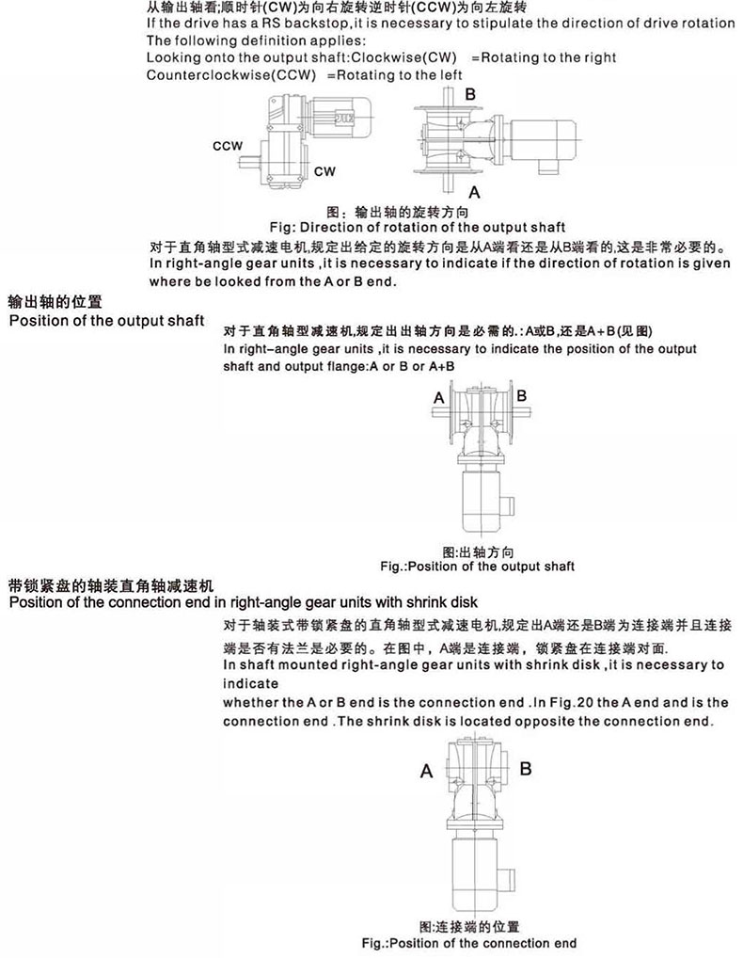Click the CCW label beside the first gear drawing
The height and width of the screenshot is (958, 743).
(x=229, y=147)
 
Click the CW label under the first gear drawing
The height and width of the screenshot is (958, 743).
(x=324, y=171)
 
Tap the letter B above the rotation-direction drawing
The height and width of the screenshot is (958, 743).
(x=470, y=94)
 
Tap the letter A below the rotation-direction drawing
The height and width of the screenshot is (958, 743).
(x=475, y=193)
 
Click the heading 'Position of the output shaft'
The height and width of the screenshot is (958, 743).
(x=106, y=321)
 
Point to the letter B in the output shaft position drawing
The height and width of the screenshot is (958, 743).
(x=521, y=396)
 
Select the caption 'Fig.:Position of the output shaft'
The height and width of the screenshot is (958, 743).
(x=476, y=567)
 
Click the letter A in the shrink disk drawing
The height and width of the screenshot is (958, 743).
(x=426, y=772)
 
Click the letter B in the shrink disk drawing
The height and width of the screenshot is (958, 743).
(x=526, y=769)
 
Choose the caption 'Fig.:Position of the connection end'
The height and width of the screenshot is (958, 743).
(x=469, y=943)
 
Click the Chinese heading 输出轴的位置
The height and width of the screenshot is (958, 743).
(x=54, y=303)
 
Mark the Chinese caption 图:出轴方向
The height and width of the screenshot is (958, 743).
(x=475, y=551)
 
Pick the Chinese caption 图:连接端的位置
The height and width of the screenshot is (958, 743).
(x=470, y=927)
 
